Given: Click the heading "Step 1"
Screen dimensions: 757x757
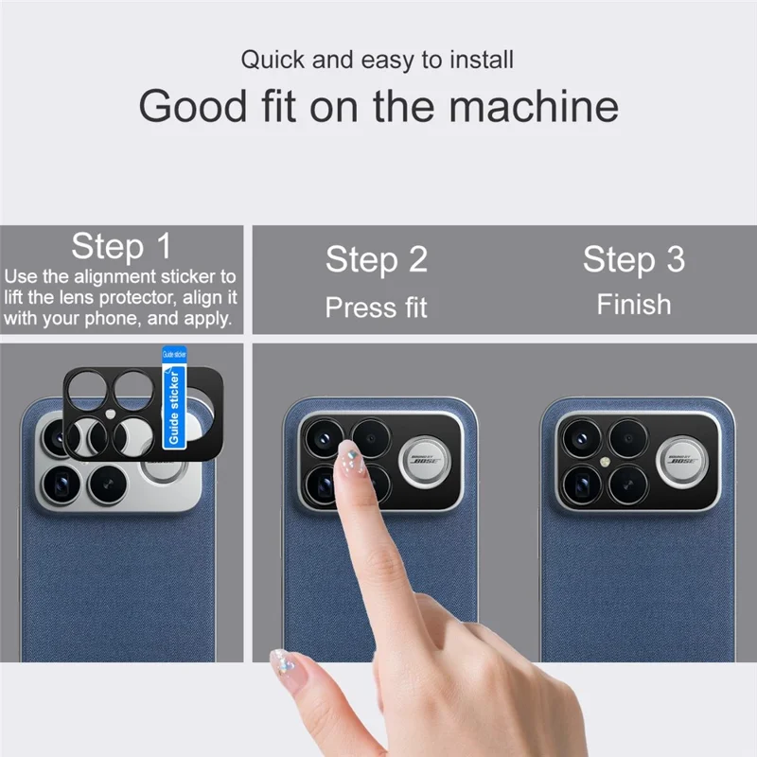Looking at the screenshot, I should point(122,247).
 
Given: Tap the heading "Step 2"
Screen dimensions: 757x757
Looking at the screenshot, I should point(377,258).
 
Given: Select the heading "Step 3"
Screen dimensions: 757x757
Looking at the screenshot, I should point(633,258).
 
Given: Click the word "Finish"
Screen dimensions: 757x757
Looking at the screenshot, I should point(633,304).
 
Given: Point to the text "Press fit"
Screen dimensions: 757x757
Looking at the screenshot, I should point(377,307).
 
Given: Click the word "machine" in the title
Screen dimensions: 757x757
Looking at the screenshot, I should point(534,106).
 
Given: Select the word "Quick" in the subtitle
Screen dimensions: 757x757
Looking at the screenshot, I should point(273,61).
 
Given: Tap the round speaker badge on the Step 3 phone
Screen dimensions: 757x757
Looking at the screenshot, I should point(684,462).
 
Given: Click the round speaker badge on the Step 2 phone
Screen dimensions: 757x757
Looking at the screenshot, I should point(427,462).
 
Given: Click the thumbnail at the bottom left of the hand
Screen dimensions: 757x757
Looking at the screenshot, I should point(283,661).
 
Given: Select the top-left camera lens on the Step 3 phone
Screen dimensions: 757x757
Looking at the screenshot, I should point(579,438).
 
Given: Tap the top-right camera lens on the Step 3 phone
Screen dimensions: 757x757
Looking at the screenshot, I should point(626,438).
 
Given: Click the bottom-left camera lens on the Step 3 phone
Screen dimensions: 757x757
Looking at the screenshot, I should point(579,484).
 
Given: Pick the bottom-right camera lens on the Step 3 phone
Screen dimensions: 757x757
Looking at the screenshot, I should point(626,484).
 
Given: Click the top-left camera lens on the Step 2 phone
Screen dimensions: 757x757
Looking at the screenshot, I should point(323,438).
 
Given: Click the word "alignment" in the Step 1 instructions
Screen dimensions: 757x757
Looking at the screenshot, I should point(122,277).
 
